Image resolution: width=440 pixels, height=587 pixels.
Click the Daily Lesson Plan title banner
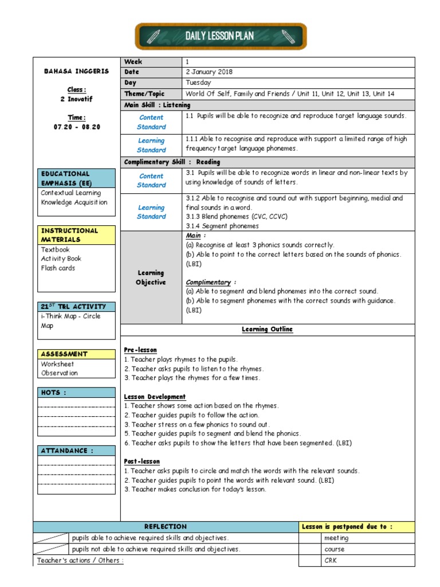[220, 37]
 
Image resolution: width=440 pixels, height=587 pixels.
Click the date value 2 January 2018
[209, 72]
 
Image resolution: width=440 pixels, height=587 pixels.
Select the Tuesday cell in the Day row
[198, 83]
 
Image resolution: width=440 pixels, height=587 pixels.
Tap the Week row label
[133, 62]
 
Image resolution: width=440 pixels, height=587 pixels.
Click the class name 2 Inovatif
[76, 99]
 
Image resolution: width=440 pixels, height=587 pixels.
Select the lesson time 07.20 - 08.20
[76, 127]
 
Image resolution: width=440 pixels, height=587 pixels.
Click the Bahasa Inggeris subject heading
[76, 72]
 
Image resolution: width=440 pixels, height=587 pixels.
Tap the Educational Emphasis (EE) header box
[76, 178]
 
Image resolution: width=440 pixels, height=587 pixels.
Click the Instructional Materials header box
[76, 235]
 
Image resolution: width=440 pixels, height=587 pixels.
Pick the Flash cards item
[58, 268]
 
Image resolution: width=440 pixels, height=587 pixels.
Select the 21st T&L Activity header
[76, 307]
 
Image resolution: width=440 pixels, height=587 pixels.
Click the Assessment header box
[76, 354]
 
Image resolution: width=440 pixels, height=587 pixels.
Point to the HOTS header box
[76, 393]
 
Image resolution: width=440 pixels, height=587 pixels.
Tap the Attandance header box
[76, 451]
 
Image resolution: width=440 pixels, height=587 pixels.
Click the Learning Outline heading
[267, 330]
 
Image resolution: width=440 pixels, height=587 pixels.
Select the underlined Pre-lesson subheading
[140, 350]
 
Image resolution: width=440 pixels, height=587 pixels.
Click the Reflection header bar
[166, 527]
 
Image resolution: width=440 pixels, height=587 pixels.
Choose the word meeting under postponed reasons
[336, 538]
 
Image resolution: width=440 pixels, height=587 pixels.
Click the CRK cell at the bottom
[331, 561]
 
